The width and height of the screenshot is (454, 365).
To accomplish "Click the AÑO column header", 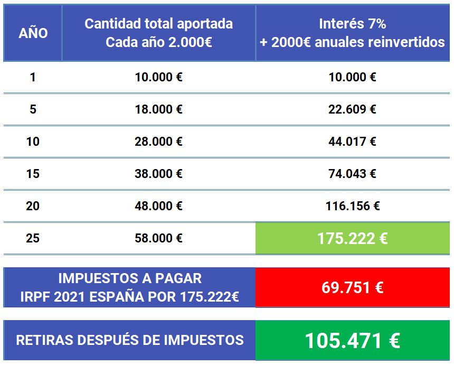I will tap(33, 33).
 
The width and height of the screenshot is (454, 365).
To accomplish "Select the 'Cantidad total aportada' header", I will tap(158, 24).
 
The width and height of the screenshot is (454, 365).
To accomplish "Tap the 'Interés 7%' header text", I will tap(352, 24).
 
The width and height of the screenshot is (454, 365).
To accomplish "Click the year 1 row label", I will tap(33, 77).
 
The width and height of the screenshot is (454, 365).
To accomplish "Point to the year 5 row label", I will tap(33, 109).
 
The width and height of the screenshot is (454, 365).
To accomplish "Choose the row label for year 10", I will tap(33, 142).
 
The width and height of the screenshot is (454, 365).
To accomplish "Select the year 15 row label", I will tap(33, 173).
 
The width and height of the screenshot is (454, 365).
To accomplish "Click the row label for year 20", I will tap(33, 206).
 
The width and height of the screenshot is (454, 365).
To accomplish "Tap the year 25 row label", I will tap(33, 238).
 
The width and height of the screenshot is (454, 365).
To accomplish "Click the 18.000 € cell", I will tap(158, 109).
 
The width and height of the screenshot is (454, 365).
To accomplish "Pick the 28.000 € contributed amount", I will tap(158, 142).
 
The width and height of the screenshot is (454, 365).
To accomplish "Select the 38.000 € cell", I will tap(158, 173).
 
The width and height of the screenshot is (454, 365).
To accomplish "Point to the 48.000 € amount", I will tap(158, 206).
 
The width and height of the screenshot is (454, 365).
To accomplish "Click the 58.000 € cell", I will tap(158, 238).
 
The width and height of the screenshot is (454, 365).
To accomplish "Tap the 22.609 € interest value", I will tap(352, 109).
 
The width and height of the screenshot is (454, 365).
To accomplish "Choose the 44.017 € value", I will tap(352, 142).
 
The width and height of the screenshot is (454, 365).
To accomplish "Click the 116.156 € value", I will tap(352, 206).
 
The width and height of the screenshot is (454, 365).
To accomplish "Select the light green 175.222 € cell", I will tap(352, 238).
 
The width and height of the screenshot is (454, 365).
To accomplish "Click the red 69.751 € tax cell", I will tap(352, 287).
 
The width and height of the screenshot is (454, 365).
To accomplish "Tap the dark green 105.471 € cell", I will tap(352, 340).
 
